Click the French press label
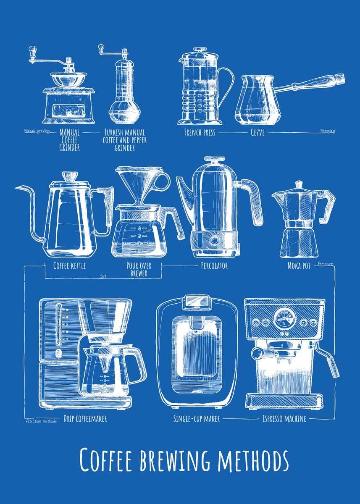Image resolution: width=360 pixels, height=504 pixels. [x=200, y=133]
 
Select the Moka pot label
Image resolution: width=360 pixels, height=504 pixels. [x=299, y=265]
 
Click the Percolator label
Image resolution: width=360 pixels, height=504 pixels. [x=214, y=265]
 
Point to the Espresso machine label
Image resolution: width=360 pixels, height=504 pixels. [x=284, y=418]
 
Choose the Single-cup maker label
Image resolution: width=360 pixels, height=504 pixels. [x=197, y=418]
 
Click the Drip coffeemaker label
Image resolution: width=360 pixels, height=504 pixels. [x=85, y=418]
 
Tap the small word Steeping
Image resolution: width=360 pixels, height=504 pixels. [x=328, y=131]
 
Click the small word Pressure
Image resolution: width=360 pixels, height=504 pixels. [x=326, y=264]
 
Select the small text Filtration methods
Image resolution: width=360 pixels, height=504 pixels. [x=40, y=421]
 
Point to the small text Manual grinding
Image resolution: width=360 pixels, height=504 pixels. [x=37, y=131]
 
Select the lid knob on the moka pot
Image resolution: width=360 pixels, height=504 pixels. [x=299, y=184]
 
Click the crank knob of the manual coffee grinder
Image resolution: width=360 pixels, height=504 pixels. [x=31, y=51]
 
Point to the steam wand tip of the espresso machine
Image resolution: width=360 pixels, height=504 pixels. [x=335, y=373]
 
